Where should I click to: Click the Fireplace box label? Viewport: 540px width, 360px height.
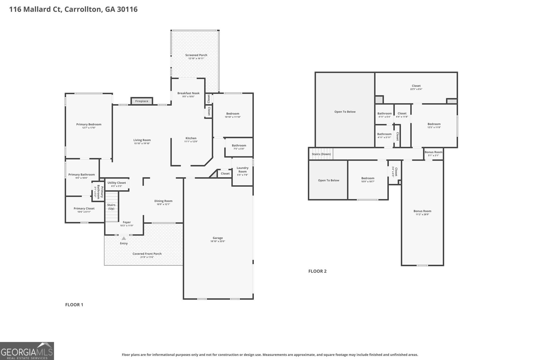tap(142, 101)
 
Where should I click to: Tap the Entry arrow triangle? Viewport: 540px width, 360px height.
tap(124, 239)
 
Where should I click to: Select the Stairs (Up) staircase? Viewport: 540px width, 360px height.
tap(111, 207)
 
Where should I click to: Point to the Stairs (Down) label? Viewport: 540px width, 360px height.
tap(321, 154)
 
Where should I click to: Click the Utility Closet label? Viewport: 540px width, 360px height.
tap(116, 183)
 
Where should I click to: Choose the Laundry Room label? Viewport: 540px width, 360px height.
tap(242, 170)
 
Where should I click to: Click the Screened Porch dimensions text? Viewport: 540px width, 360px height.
tap(196, 59)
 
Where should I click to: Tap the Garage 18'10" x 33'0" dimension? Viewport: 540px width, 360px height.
tap(218, 241)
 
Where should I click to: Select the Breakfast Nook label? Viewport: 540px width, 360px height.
tap(188, 93)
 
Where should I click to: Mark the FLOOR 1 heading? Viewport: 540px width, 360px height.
tap(74, 305)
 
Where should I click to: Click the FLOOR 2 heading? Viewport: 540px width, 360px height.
tap(317, 271)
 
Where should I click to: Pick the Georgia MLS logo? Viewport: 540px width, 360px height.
tap(27, 351)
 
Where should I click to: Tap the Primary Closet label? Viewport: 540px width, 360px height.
tap(84, 209)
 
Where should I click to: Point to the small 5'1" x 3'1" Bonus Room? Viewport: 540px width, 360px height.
tap(433, 154)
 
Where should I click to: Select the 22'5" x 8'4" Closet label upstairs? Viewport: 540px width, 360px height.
tap(416, 86)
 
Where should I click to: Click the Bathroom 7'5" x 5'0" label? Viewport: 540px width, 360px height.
tap(239, 146)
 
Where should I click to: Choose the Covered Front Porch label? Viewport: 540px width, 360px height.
tap(147, 254)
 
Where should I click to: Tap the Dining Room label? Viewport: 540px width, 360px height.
tap(163, 201)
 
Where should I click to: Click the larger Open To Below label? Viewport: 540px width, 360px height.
tap(345, 112)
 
